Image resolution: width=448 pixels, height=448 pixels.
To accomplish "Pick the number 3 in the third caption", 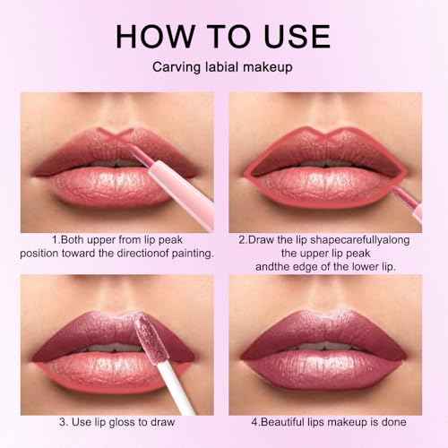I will (x=65, y=422).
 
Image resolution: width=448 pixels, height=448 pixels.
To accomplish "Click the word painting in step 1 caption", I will (x=187, y=254).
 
